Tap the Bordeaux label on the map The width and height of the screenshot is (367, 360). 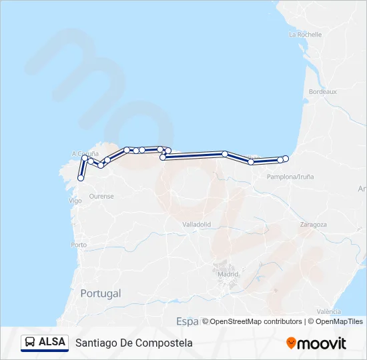click(323, 91)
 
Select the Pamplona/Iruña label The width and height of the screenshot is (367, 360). click(290, 177)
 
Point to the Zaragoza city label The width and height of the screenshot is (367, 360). click(313, 225)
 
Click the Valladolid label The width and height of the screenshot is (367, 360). click(196, 225)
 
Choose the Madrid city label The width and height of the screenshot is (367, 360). click(228, 273)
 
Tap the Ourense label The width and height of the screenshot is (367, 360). click(101, 196)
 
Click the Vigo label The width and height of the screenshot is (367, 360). click(75, 200)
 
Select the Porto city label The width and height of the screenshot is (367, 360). click(78, 245)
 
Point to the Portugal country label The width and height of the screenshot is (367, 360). click(100, 293)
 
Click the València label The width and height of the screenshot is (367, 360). click(329, 311)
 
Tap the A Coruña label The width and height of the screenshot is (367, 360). click(85, 154)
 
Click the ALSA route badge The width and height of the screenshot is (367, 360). click(45, 342)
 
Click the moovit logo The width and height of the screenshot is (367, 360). click(316, 343)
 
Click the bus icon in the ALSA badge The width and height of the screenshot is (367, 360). click(31, 342)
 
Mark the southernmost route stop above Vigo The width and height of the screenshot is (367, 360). click(81, 178)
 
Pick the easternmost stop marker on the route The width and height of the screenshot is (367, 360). click(286, 158)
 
